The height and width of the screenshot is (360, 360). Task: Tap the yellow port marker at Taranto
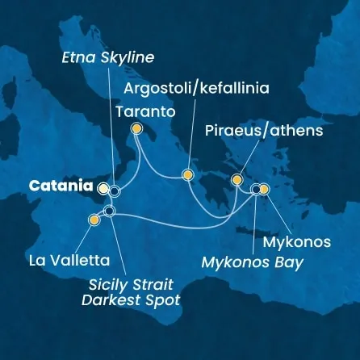click(x=136, y=128)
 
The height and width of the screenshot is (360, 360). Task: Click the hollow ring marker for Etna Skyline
click(x=115, y=191)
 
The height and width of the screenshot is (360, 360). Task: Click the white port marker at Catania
click(x=103, y=189)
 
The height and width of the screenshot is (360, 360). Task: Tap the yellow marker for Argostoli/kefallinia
click(x=188, y=174)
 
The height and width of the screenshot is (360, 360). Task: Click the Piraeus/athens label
click(x=277, y=130)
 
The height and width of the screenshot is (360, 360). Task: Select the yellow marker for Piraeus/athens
click(x=237, y=179)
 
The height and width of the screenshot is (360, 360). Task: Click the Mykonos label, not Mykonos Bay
click(x=297, y=241)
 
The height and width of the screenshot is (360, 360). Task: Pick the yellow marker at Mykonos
click(x=264, y=190)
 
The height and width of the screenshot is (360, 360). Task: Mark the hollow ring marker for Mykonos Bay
click(x=256, y=190)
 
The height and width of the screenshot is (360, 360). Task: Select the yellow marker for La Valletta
click(x=94, y=218)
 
